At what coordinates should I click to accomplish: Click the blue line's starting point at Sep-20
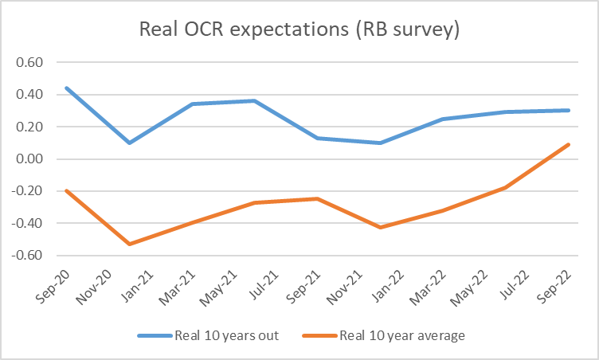point(66,88)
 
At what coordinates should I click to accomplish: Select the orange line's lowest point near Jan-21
point(129,244)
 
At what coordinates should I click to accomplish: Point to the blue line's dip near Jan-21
point(129,143)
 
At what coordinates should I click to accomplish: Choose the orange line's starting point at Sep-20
point(66,190)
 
